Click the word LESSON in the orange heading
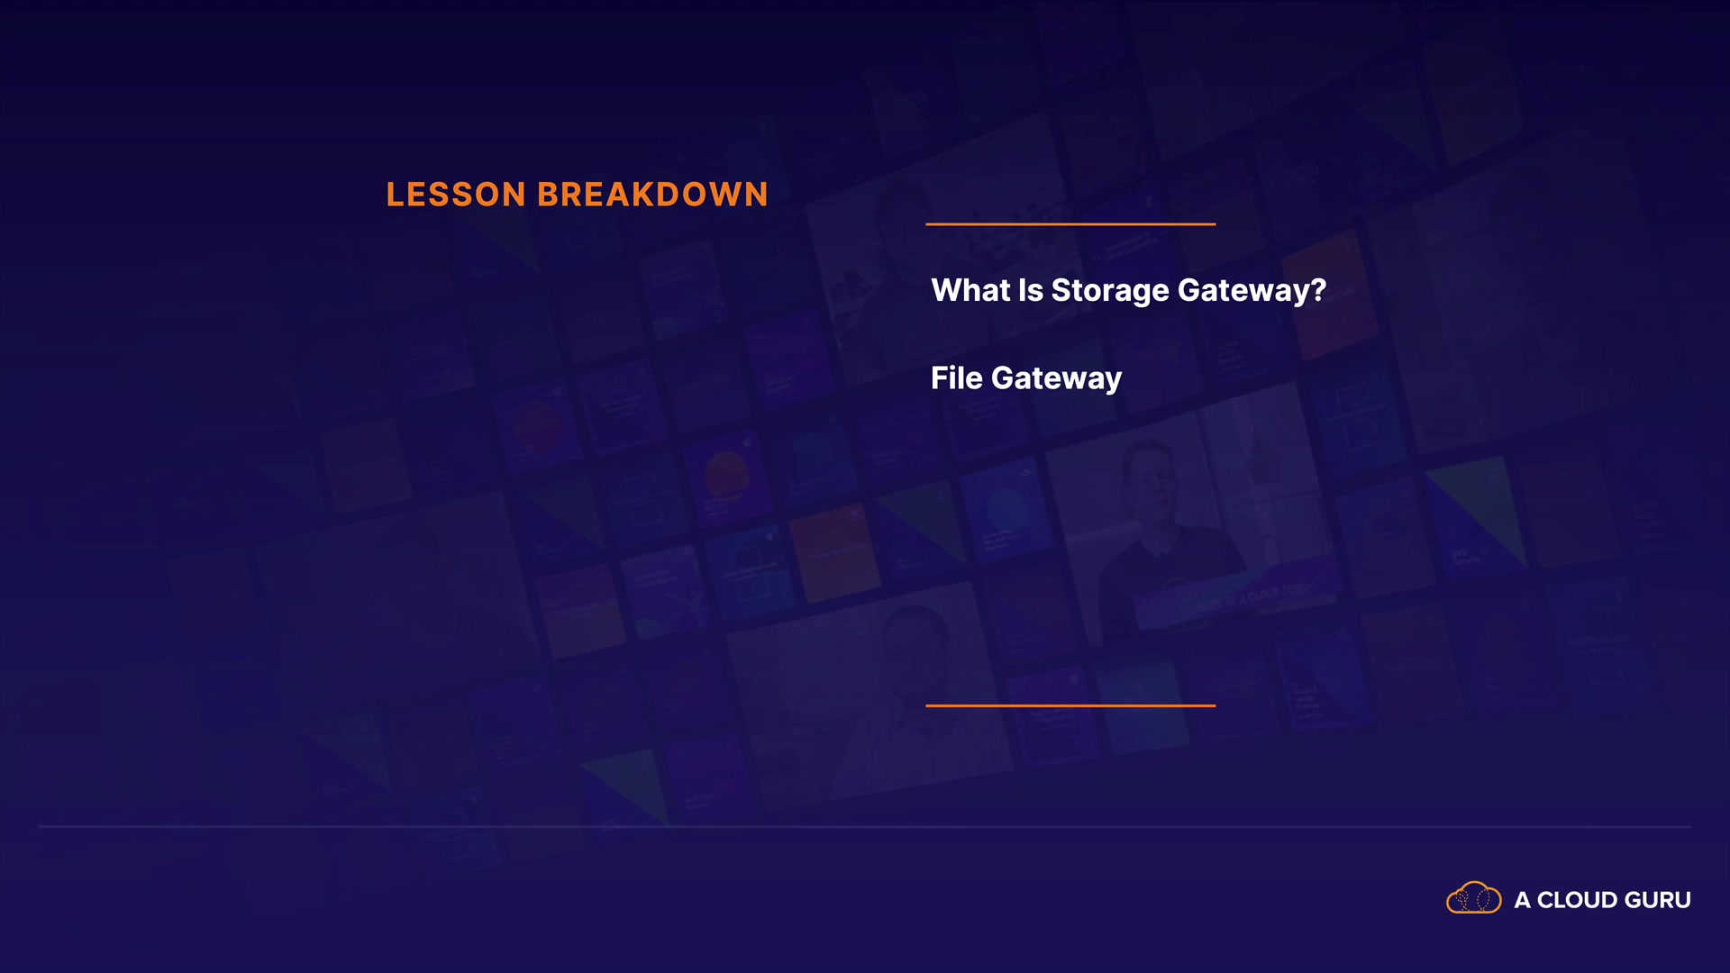pos(456,195)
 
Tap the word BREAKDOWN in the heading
pos(653,195)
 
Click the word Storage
pos(1110,291)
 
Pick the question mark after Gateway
pos(1318,290)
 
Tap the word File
pos(957,377)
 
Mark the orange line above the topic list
pos(1070,223)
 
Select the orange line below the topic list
pos(1070,705)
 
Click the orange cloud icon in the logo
pos(1473,898)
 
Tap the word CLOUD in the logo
pos(1577,900)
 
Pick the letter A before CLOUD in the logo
pos(1523,900)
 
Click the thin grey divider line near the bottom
pos(865,826)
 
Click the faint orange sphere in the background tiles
pos(726,475)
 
